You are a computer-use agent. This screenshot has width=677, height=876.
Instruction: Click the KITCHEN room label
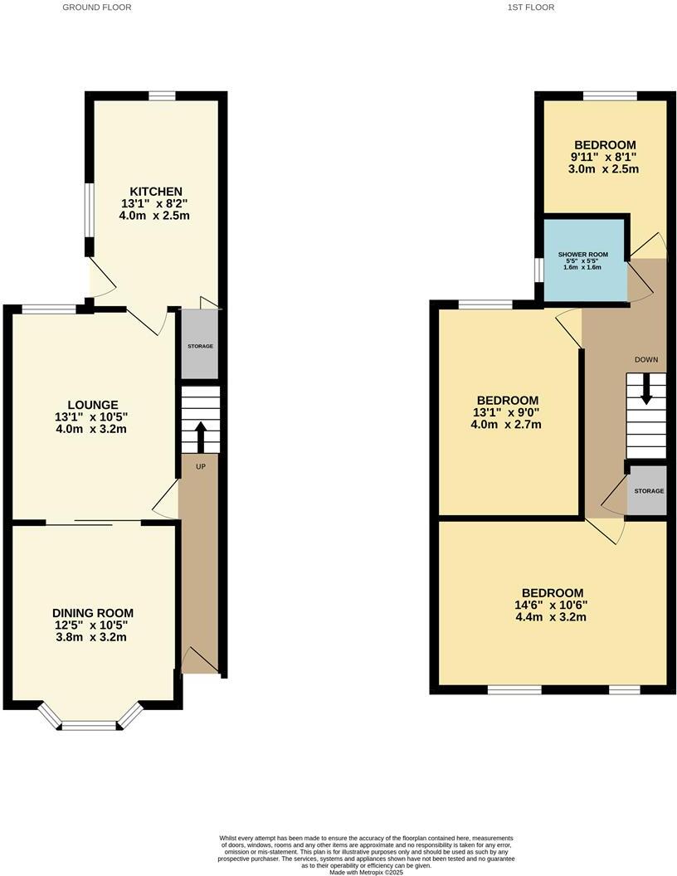tap(155, 192)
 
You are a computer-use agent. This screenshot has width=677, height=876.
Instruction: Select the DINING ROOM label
tap(91, 613)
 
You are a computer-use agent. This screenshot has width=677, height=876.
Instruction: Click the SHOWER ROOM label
tap(583, 255)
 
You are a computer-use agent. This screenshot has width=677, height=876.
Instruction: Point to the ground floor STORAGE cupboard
tap(200, 345)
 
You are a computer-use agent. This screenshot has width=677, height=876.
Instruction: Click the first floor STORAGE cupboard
tap(648, 491)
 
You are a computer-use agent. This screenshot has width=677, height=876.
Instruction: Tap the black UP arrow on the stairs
tap(200, 435)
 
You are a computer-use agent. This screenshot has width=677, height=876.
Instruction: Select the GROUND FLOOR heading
tap(97, 7)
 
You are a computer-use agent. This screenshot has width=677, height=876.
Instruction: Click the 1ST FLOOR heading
tap(531, 7)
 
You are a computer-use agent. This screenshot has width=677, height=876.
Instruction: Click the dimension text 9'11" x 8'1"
tap(603, 157)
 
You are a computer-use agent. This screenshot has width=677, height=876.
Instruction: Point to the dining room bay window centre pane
tap(90, 726)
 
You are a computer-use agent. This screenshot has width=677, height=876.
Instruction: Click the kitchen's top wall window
tap(162, 96)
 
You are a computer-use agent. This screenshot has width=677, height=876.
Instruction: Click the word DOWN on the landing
tap(645, 360)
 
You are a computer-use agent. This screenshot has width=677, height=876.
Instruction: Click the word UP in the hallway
tap(200, 466)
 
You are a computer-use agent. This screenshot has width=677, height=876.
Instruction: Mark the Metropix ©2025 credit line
tap(366, 872)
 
